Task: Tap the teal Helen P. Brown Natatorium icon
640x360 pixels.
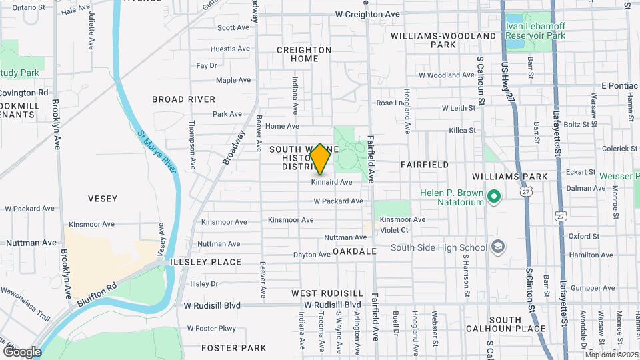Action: pos(493,197)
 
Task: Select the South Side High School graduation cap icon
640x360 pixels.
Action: pos(497,247)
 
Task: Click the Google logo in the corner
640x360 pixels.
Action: pos(22,351)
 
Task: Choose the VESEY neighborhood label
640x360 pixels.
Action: pos(102,199)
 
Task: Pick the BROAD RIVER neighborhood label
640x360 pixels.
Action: pos(183,99)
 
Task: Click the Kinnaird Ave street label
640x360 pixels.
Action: pos(331,182)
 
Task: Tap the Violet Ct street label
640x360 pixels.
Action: pos(394,230)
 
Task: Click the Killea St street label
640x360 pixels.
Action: pos(463,131)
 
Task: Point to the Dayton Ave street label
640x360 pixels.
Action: pos(312,255)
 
